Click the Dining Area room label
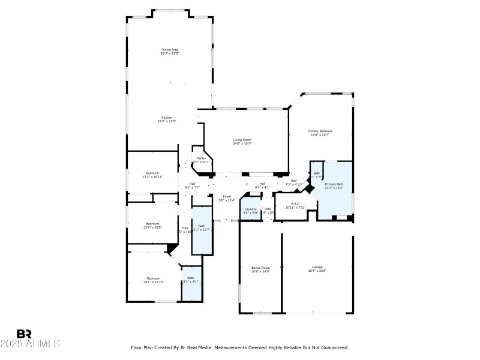click(x=170, y=51)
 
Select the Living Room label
click(x=242, y=142)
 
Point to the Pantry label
click(x=202, y=160)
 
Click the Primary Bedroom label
click(x=320, y=133)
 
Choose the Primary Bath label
click(x=334, y=186)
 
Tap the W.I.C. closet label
click(x=295, y=205)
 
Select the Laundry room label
click(x=250, y=211)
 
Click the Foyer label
click(x=227, y=198)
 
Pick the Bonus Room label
click(x=260, y=269)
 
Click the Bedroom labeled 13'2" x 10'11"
click(x=153, y=175)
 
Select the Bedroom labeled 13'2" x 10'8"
click(x=153, y=226)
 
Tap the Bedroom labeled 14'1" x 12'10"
click(x=154, y=280)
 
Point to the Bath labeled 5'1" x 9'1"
click(x=191, y=280)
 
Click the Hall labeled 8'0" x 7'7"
click(x=192, y=185)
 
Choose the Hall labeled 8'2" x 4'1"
click(x=262, y=185)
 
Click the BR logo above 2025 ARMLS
click(x=24, y=334)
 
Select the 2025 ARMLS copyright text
click(x=30, y=344)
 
